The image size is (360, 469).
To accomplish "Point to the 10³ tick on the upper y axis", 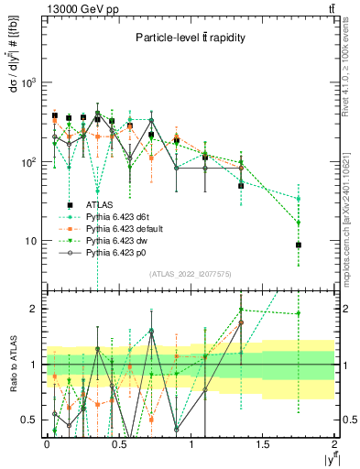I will click(x=29, y=82).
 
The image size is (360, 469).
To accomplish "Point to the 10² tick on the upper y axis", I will click(x=29, y=162).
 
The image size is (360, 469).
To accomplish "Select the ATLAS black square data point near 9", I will click(x=299, y=245).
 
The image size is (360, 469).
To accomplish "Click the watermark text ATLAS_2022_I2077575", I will click(x=189, y=275).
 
